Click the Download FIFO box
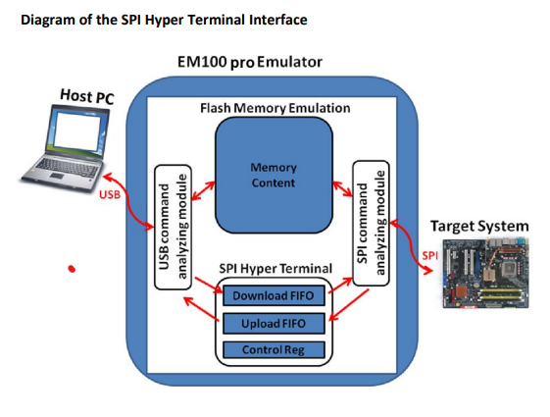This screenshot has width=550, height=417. [274, 295]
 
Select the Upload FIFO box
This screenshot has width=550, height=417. [274, 323]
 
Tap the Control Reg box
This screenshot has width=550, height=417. [274, 350]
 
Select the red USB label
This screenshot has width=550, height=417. [111, 194]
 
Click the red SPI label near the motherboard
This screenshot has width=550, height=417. [428, 256]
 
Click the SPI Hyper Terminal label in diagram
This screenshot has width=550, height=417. [274, 269]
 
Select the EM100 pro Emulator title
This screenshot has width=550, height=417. [250, 64]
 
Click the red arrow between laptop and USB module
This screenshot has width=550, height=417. [127, 192]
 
